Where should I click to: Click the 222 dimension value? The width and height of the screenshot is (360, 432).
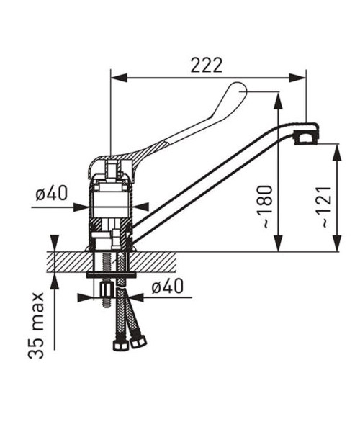[x=207, y=66]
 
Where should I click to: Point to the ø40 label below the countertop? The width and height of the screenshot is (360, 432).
[x=167, y=286]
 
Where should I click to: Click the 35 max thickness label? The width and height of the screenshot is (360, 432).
[x=36, y=325]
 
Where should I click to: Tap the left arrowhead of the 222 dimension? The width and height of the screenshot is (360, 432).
[x=119, y=78]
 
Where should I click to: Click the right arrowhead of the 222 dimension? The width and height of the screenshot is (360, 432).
[x=297, y=78]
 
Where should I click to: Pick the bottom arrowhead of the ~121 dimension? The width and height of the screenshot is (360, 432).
[x=337, y=243]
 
